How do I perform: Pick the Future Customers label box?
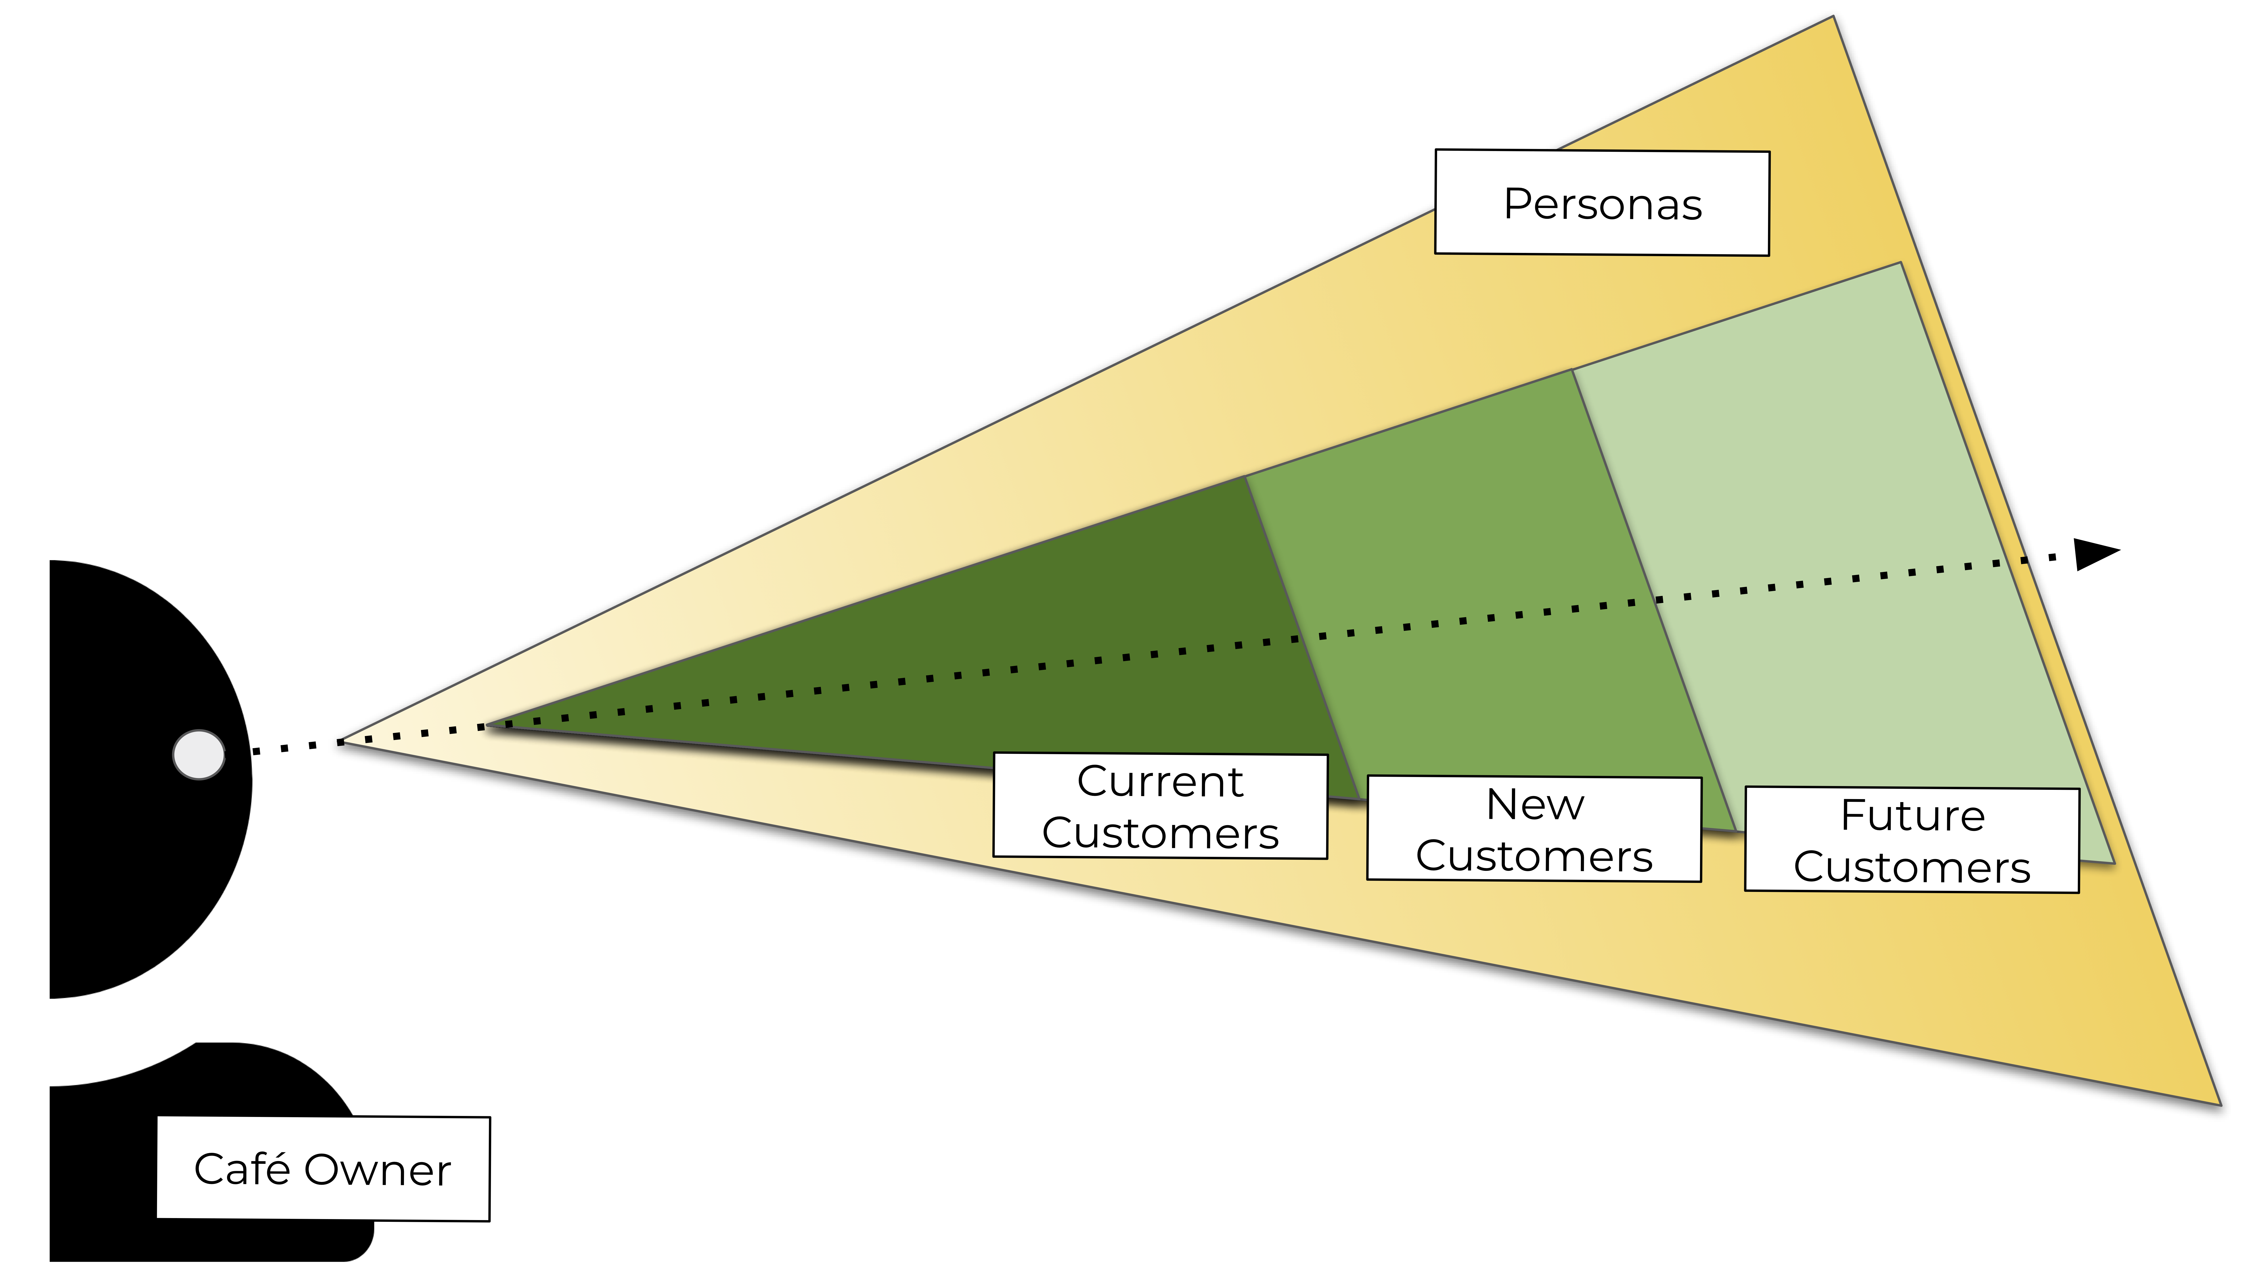pyautogui.click(x=1912, y=840)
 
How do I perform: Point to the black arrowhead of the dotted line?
pyautogui.click(x=2095, y=554)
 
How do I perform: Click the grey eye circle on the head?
pyautogui.click(x=199, y=755)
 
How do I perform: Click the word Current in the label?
pyautogui.click(x=1160, y=781)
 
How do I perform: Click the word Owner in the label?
pyautogui.click(x=378, y=1170)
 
